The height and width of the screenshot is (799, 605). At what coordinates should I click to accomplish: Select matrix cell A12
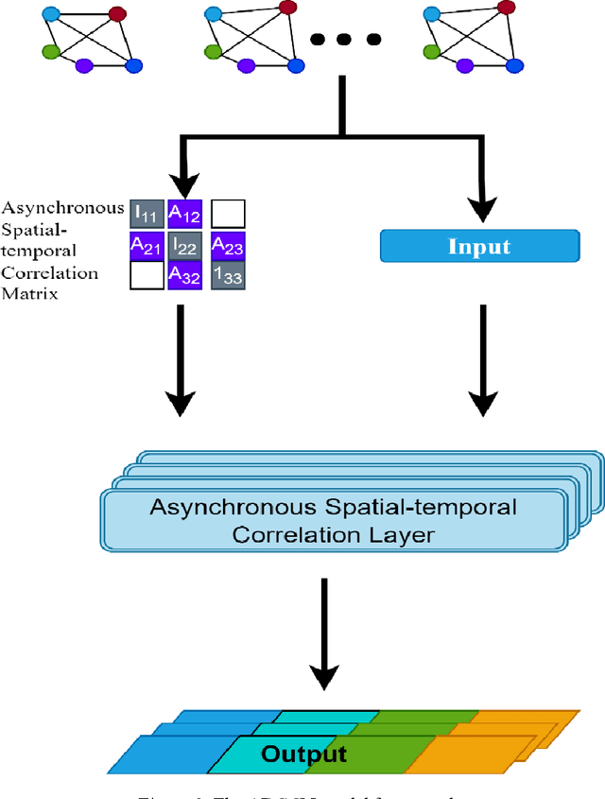tap(184, 215)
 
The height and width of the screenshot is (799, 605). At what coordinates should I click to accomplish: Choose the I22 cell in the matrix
tap(184, 246)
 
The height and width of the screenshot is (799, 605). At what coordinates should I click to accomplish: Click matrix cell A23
tap(227, 246)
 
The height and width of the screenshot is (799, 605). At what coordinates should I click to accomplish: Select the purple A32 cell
tap(184, 275)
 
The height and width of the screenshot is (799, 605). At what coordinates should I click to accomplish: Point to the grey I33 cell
tap(227, 275)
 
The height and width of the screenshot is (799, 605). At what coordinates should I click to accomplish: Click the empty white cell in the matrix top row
tap(227, 215)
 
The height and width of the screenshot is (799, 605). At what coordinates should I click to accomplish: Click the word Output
tap(303, 754)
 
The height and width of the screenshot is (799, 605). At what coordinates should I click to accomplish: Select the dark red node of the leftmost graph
tap(117, 14)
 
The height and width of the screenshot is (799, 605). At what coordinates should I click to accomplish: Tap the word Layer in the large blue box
tap(401, 534)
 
